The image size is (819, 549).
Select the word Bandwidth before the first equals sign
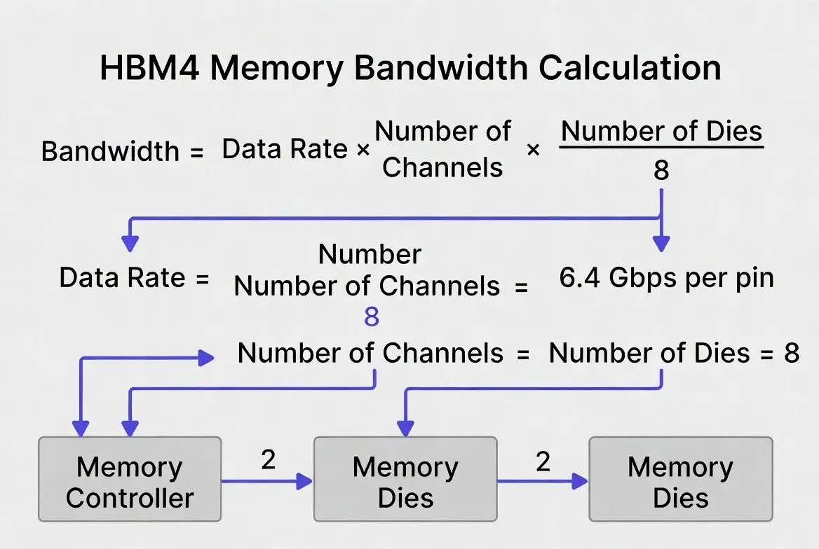click(110, 151)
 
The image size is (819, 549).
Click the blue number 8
click(371, 317)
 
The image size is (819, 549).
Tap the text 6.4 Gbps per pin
click(666, 278)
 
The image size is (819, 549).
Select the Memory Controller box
click(130, 480)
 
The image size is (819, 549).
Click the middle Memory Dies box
click(405, 480)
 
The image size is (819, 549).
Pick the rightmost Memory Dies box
click(680, 480)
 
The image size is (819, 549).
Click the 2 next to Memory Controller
click(268, 460)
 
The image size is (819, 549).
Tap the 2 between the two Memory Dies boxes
click(543, 460)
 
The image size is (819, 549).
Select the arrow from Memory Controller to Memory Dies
click(266, 481)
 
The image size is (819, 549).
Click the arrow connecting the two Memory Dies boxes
click(542, 481)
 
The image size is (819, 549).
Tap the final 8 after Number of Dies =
click(791, 353)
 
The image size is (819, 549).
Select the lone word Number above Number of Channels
click(370, 254)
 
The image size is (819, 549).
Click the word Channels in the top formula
click(443, 167)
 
